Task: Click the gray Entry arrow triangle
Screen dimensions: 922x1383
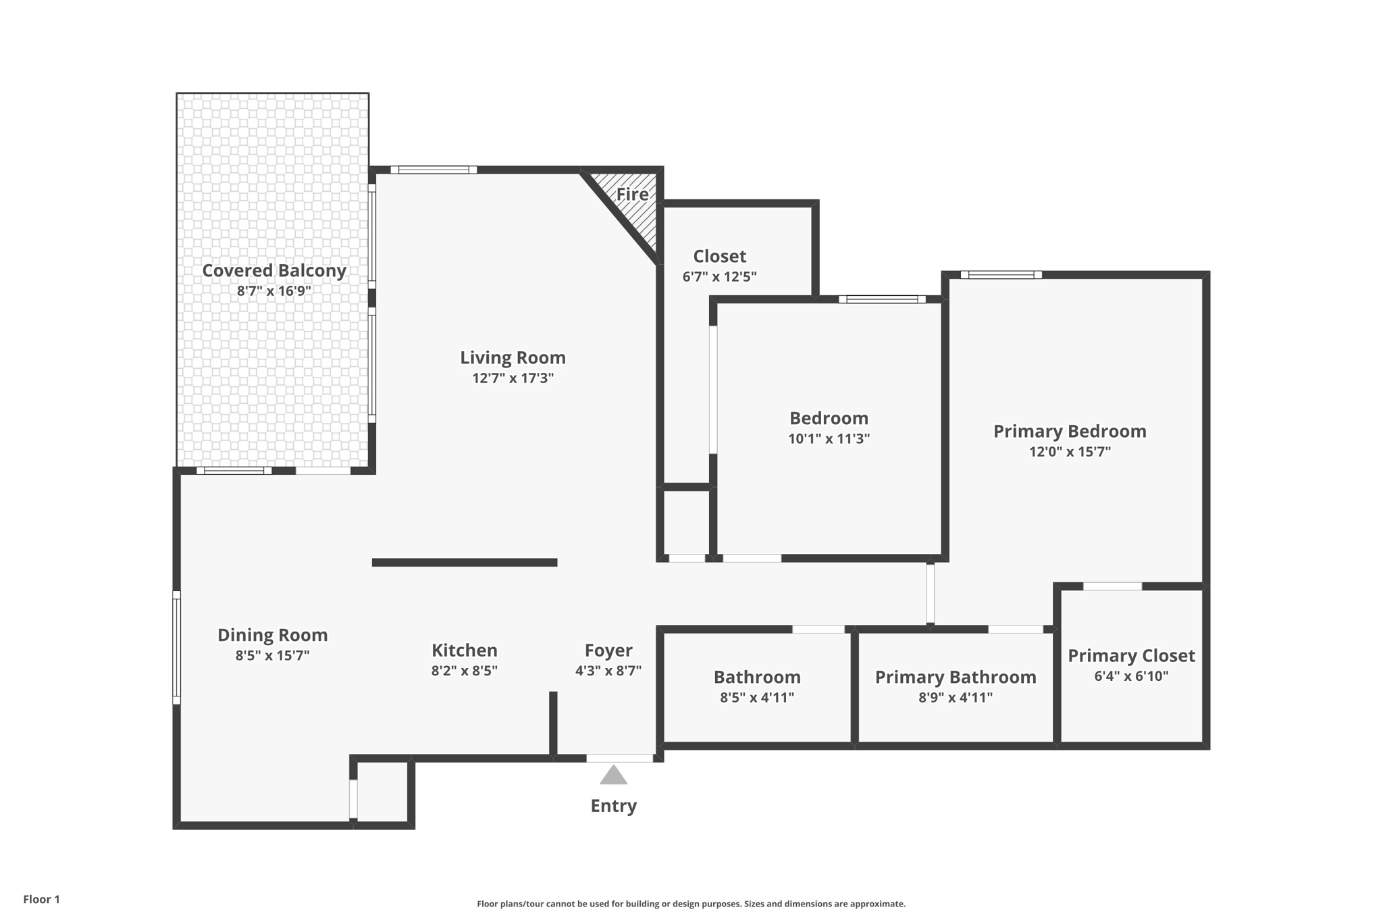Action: click(613, 776)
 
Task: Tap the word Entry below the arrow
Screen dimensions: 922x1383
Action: click(613, 806)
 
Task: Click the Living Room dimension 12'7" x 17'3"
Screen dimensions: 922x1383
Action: click(513, 378)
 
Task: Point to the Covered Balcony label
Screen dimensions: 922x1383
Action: click(273, 271)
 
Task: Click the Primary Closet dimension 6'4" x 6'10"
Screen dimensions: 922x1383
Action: click(1131, 676)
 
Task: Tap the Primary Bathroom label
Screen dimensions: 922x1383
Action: click(955, 677)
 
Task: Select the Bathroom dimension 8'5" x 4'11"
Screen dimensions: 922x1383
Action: click(756, 698)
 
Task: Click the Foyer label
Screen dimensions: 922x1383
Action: click(608, 650)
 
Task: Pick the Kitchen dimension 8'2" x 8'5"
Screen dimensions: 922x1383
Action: click(464, 671)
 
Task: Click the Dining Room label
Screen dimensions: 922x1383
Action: click(272, 635)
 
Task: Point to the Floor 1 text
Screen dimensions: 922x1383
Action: click(41, 899)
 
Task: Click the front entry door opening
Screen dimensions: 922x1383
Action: click(619, 759)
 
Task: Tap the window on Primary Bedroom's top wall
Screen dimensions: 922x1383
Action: click(1001, 275)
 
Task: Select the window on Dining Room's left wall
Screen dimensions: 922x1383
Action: click(177, 647)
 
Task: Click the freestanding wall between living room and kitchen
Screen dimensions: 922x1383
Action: click(465, 562)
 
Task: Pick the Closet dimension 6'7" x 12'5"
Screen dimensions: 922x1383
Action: click(719, 277)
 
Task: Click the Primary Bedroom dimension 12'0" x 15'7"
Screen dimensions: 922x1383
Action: click(1070, 452)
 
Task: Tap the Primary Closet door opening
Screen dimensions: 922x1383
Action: click(1112, 586)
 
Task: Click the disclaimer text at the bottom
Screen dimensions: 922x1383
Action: click(691, 904)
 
